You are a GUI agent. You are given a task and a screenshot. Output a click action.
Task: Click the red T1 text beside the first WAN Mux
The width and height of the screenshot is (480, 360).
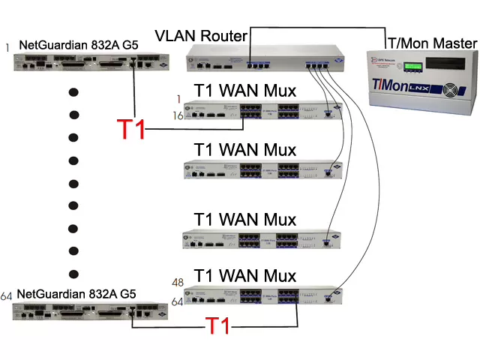tap(132, 130)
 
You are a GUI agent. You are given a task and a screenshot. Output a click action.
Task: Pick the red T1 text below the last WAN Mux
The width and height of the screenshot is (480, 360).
tap(217, 326)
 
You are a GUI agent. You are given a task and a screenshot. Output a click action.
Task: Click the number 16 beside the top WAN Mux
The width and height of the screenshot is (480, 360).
tap(179, 115)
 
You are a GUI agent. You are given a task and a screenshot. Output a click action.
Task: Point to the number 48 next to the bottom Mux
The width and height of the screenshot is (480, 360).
tap(178, 283)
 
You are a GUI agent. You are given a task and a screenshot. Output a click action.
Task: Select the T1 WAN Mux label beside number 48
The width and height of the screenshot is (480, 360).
tap(244, 275)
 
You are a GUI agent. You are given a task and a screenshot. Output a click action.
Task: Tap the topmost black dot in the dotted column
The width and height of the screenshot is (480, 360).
tap(73, 94)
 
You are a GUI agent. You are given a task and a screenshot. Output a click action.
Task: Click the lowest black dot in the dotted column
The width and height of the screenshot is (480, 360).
tap(73, 272)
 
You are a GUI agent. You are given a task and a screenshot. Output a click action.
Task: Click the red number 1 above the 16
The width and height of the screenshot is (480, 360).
tap(178, 99)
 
